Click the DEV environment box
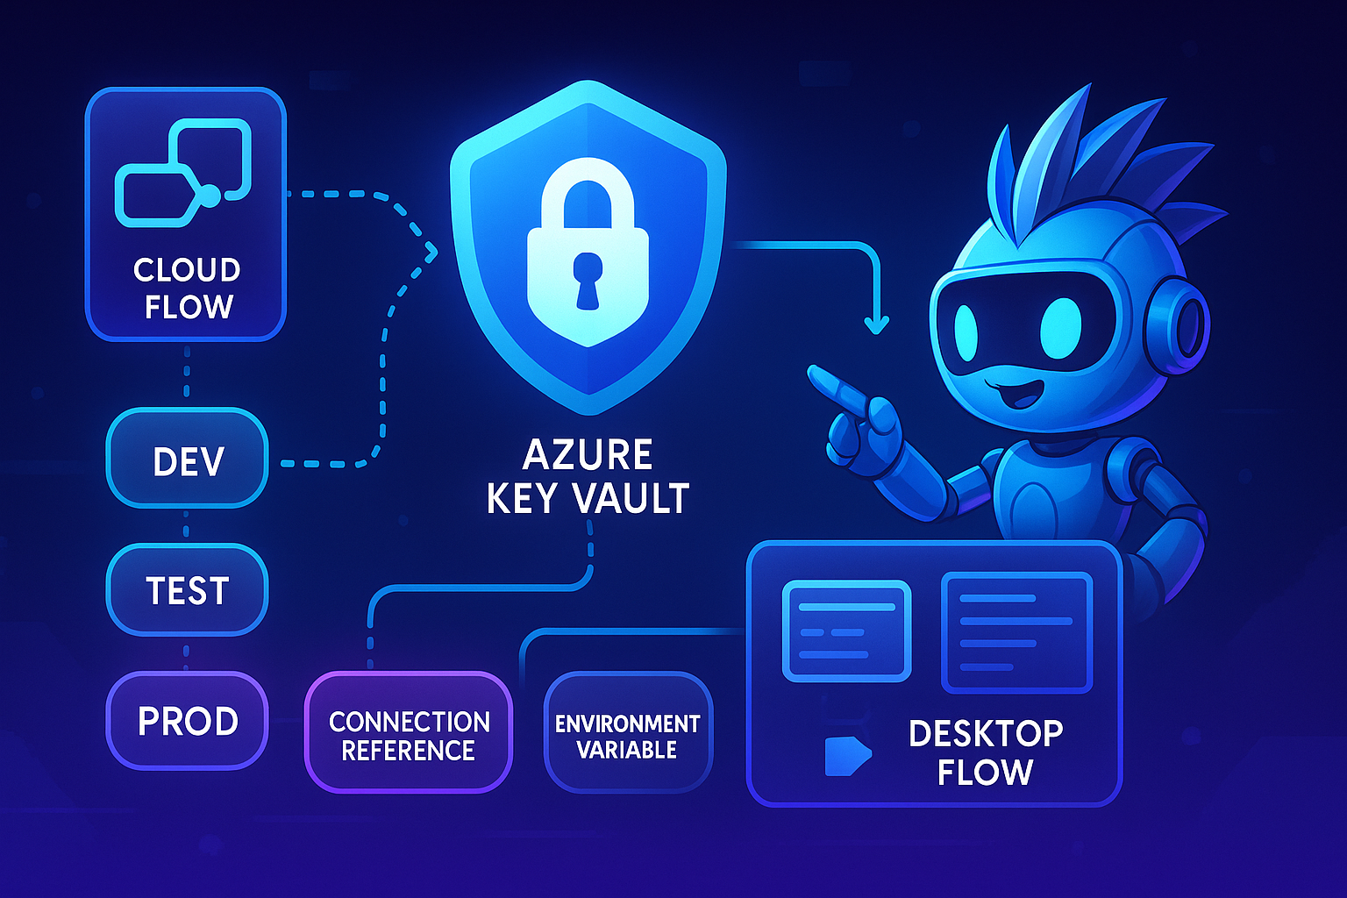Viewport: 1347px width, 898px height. [187, 459]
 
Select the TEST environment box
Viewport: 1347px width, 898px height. [187, 589]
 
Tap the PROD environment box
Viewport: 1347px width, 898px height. [187, 720]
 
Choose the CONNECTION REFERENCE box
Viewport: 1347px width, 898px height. [409, 735]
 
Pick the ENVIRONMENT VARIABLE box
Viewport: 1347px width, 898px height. [628, 735]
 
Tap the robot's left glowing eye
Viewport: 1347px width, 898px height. [965, 332]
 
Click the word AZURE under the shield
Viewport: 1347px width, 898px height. [588, 455]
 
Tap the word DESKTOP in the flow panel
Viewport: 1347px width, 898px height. [986, 733]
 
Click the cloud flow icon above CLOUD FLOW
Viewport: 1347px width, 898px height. [184, 174]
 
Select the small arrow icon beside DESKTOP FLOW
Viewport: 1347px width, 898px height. [847, 756]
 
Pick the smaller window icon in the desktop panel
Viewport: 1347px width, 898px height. [846, 631]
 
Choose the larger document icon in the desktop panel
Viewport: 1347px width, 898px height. [1016, 631]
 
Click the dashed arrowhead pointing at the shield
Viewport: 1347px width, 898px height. [430, 252]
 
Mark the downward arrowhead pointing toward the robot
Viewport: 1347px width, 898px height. [875, 324]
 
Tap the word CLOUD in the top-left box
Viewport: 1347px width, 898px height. [187, 269]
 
